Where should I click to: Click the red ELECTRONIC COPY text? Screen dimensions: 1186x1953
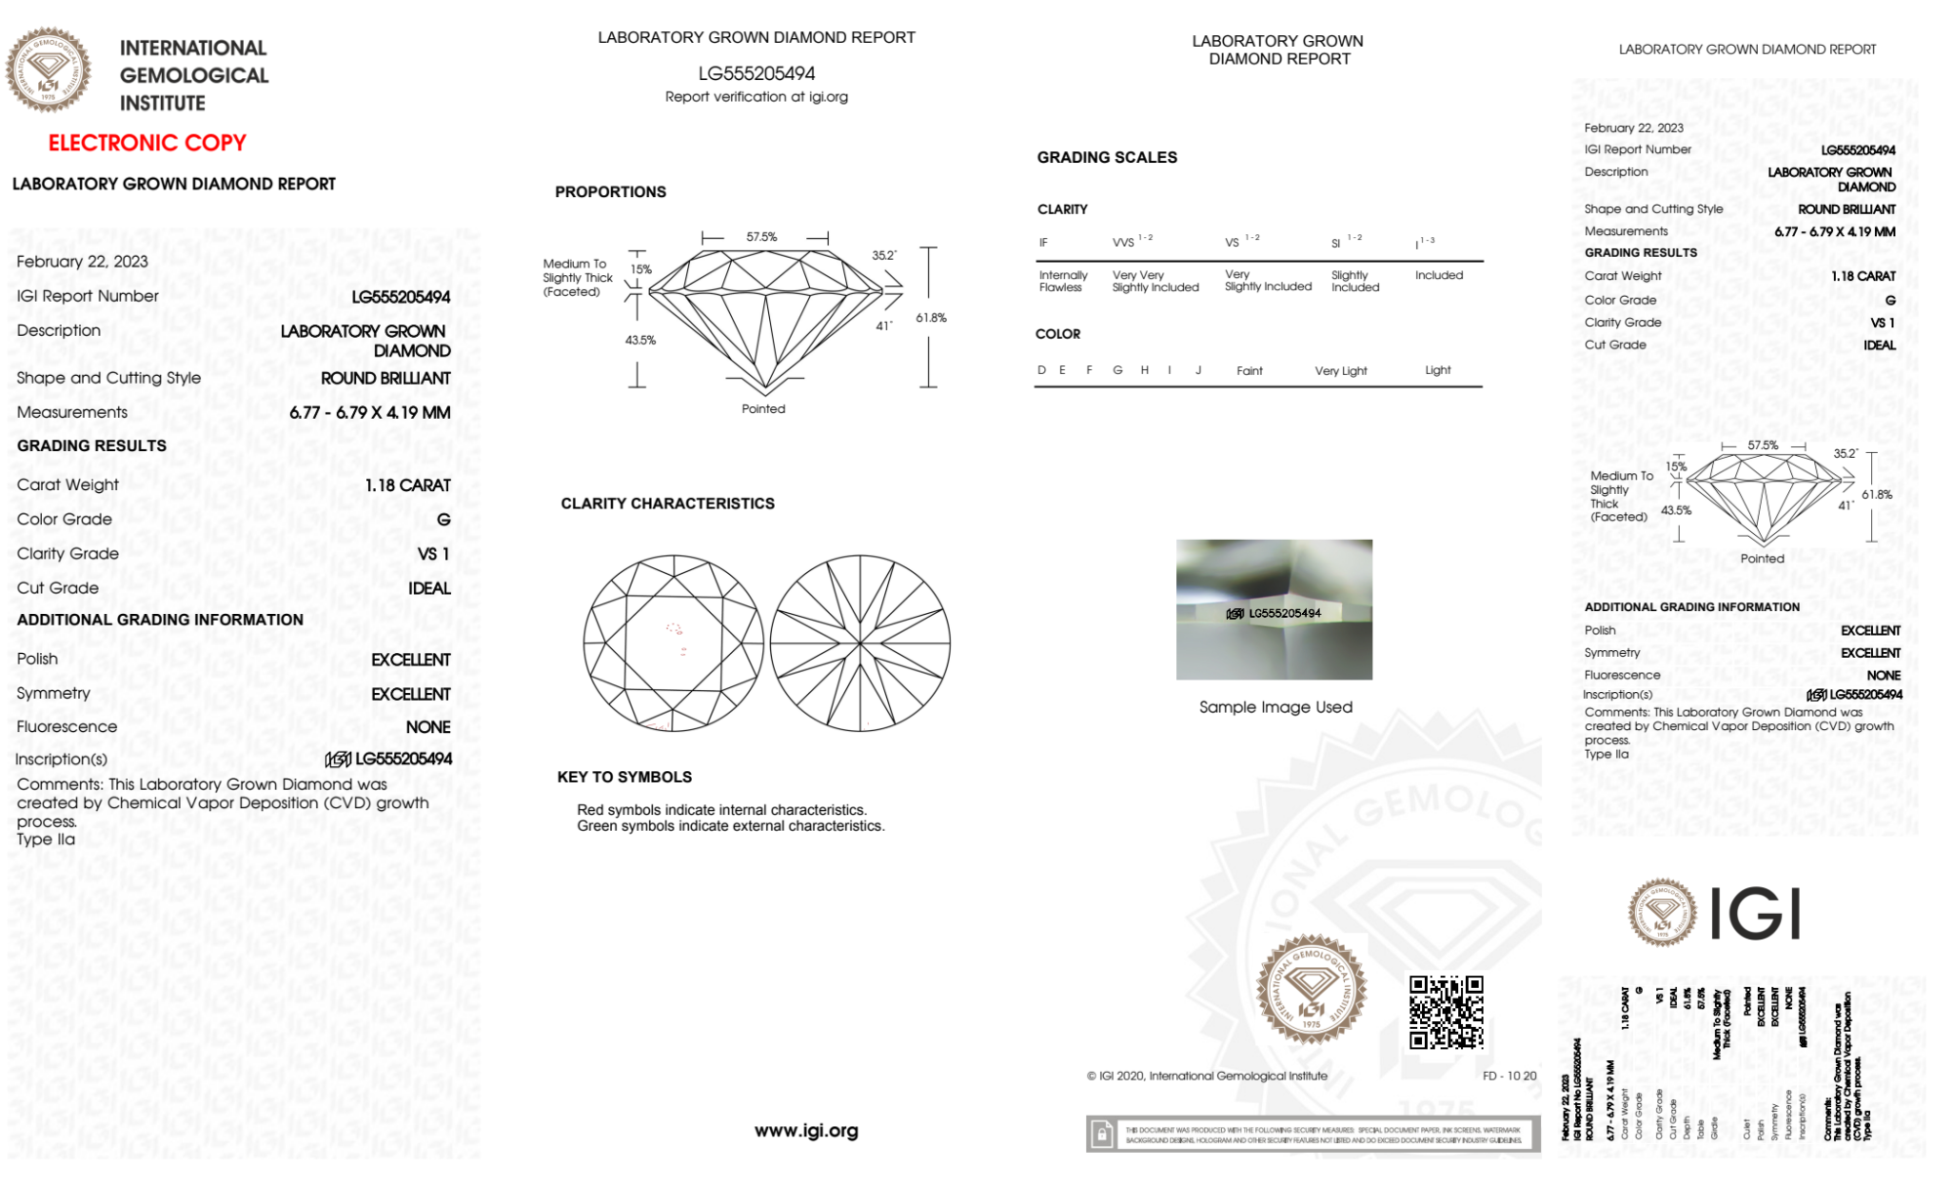point(147,143)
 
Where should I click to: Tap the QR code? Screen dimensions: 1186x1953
point(1445,1012)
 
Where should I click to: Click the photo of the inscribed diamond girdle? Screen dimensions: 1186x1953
point(1274,609)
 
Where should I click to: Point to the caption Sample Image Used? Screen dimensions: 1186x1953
point(1276,708)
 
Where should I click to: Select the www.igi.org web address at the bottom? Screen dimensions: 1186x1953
point(806,1130)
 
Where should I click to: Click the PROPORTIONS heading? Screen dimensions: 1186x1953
point(610,192)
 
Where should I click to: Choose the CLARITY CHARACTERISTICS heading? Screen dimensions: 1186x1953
point(668,504)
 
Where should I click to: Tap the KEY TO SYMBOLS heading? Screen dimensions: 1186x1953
point(625,777)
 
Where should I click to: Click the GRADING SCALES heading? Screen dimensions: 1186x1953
point(1107,157)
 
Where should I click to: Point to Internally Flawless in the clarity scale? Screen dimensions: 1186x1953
point(1063,281)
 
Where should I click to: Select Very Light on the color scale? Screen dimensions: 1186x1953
point(1340,371)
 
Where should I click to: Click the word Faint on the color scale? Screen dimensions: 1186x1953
point(1249,371)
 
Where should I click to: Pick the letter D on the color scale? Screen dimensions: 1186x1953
point(1041,370)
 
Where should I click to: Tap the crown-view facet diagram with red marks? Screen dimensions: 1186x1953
point(673,643)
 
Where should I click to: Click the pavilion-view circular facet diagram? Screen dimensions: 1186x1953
point(860,643)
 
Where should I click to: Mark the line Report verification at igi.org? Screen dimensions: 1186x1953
point(756,97)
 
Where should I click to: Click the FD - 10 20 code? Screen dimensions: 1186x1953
point(1509,1076)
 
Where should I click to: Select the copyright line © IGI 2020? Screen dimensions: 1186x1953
point(1207,1076)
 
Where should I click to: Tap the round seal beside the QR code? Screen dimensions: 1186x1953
point(1311,990)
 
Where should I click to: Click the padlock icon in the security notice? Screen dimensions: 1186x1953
point(1102,1134)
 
